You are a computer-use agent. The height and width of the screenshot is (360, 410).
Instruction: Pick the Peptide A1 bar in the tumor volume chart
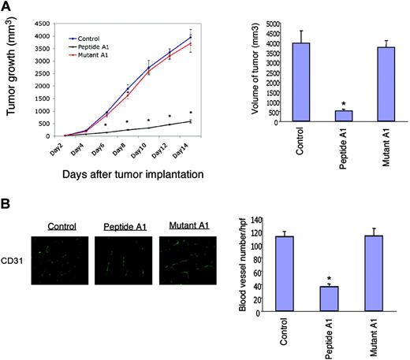pyautogui.click(x=344, y=116)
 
